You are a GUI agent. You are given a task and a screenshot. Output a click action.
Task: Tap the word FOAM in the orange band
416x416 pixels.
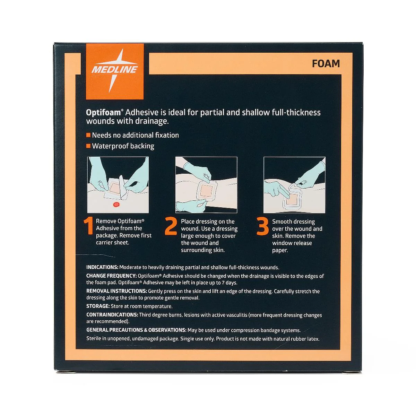pos(326,64)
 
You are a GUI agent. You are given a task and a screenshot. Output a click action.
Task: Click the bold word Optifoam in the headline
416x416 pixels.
pos(103,112)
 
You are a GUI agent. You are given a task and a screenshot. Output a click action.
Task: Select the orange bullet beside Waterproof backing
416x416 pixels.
pos(88,146)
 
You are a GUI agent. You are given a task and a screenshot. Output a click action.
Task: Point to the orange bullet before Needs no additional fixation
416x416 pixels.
pos(88,135)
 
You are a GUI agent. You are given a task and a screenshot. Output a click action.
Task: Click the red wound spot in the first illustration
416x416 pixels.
pos(116,205)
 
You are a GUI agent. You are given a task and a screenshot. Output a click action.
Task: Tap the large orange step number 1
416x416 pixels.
pos(88,226)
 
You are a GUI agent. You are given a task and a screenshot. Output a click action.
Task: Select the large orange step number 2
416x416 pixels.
pos(171,226)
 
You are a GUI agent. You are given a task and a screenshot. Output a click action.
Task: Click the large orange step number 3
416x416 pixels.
pos(262,226)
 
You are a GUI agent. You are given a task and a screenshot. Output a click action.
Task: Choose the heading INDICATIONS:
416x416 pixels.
pos(102,267)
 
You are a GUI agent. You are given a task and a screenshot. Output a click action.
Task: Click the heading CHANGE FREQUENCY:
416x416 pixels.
pos(111,276)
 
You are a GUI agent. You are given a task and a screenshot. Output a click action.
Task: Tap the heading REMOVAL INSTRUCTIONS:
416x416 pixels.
pos(116,291)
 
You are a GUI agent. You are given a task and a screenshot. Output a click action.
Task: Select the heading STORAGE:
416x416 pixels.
pos(98,306)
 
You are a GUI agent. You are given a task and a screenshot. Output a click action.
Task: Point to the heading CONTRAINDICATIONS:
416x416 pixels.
pos(112,315)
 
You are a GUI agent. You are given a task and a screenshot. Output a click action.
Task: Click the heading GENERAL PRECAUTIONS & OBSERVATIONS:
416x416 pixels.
pos(136,330)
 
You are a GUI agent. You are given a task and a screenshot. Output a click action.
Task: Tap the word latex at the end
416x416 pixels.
pos(313,339)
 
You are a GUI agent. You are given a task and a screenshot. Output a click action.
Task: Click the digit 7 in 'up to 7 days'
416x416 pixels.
pos(224,283)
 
